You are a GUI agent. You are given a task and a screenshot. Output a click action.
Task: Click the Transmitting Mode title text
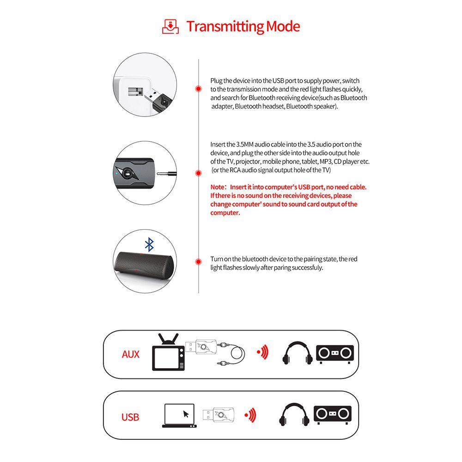243,26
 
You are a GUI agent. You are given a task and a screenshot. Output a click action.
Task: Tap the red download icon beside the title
170,26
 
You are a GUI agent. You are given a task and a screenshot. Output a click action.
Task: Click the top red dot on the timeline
198,88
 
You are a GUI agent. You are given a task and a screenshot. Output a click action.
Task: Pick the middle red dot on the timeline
198,173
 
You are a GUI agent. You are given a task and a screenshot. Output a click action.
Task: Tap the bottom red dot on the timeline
198,262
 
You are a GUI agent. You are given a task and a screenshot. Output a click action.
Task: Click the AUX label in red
130,354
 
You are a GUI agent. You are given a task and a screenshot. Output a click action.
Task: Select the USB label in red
130,417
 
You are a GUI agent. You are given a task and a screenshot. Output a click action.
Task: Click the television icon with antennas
168,352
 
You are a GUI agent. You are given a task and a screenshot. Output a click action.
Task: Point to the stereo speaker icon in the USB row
333,413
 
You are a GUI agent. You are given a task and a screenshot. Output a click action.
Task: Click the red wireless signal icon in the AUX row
263,353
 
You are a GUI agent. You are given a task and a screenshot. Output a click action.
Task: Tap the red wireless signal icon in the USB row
250,415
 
